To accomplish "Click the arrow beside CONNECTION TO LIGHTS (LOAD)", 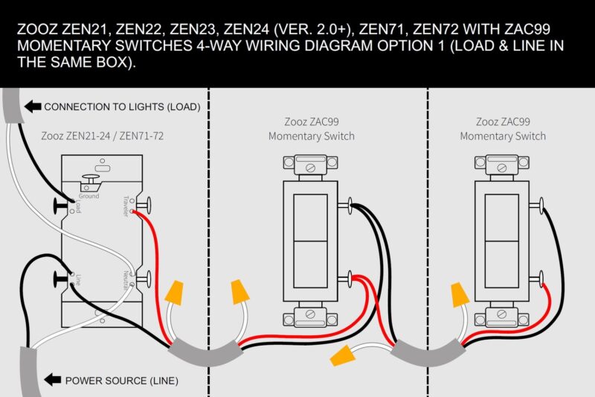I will click(x=32, y=107).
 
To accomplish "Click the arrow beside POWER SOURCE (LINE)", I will click(x=53, y=381).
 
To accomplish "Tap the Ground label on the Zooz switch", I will click(x=89, y=196).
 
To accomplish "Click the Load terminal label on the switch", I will click(x=78, y=207).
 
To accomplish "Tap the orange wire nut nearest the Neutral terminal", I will click(x=176, y=291).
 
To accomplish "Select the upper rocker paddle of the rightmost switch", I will click(x=501, y=217).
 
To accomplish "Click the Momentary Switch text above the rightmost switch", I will click(x=503, y=136).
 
